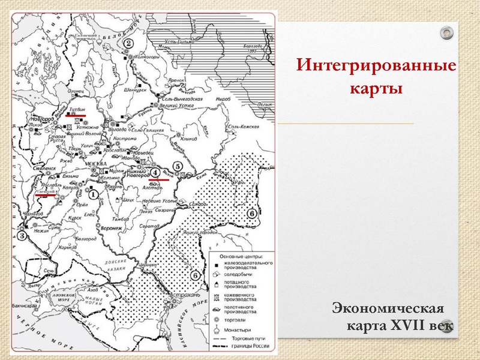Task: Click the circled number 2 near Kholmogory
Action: coord(128,43)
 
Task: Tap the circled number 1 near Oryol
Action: coord(93,194)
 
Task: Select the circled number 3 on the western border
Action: coord(22,236)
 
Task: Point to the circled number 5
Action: coord(177,166)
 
